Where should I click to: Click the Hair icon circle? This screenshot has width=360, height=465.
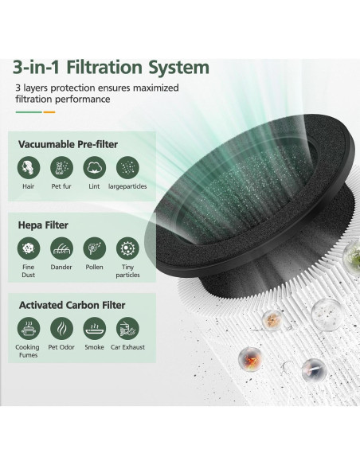pos(29,167)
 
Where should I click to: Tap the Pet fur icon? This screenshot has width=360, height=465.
pos(61,167)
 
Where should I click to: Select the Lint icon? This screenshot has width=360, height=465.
pos(94,167)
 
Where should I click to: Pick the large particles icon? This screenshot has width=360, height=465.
pos(127,167)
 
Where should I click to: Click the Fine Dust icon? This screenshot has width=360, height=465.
pos(29,248)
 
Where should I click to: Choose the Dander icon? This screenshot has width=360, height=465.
pos(61,248)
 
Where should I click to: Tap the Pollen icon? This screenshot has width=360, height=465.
pos(94,248)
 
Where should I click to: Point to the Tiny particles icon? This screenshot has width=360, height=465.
pos(127,248)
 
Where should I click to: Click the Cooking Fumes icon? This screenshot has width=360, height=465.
pos(29,327)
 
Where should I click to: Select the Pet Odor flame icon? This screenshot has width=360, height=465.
pos(61,327)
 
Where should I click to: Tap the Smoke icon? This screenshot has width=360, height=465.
pos(94,327)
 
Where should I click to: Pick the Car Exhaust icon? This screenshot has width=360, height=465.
pos(127,327)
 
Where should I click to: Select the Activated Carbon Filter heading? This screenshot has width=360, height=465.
pos(72,304)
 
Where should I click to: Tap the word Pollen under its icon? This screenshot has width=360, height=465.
pos(94,268)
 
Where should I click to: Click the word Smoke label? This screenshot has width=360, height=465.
pos(94,347)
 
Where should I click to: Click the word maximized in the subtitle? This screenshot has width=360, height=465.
pos(155,88)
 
